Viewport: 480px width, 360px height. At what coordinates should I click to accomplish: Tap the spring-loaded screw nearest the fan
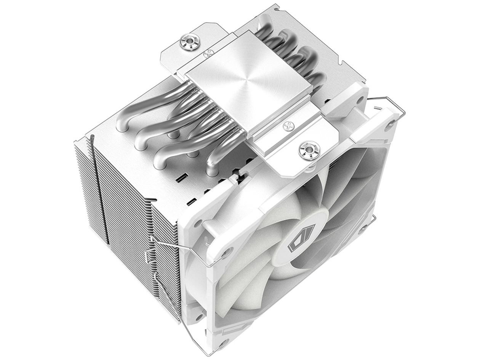point(309,150)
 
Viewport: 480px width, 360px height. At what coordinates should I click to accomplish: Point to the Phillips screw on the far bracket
point(208,53)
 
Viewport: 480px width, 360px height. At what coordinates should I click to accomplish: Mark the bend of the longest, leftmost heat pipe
point(123,122)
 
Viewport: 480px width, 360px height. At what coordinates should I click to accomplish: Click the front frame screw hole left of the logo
point(226,252)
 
